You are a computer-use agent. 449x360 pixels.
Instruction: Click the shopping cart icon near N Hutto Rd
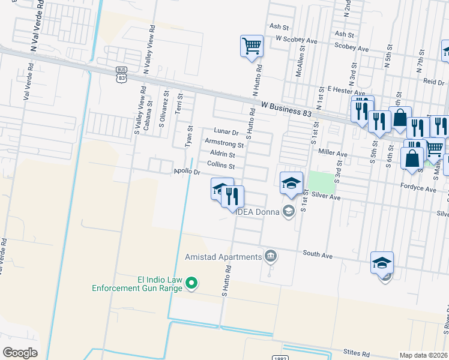[x=252, y=46]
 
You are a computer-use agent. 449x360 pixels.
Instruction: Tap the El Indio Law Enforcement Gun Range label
[x=137, y=284]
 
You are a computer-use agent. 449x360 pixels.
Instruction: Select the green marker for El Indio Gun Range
[x=191, y=282]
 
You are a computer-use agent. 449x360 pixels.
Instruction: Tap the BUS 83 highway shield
[x=122, y=74]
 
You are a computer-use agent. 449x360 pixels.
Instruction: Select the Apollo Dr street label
[x=187, y=172]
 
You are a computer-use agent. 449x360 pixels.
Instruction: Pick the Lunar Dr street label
[x=226, y=132]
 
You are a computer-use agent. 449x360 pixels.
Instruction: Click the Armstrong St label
[x=224, y=144]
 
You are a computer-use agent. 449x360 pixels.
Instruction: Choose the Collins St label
[x=220, y=165]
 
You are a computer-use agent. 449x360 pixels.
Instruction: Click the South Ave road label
[x=318, y=254]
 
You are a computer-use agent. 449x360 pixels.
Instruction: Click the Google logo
[x=20, y=353]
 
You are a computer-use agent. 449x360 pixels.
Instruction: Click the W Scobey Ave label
[x=296, y=40]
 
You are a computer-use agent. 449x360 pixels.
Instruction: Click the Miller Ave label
[x=333, y=154]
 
